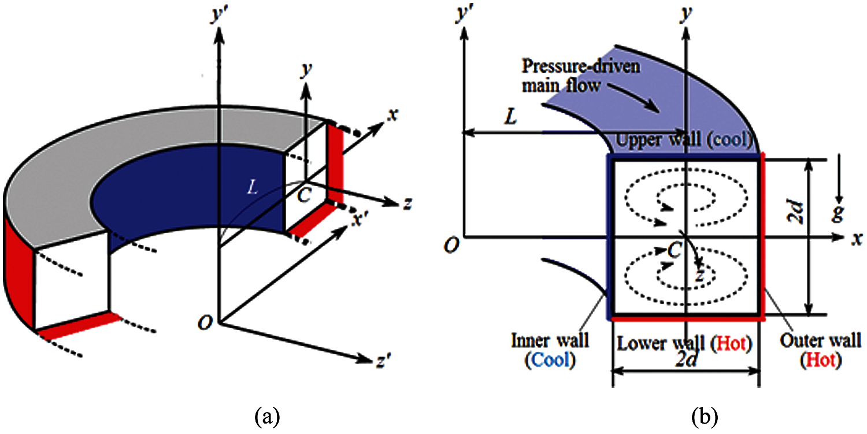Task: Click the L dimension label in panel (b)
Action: (511, 118)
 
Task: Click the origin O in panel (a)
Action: (203, 324)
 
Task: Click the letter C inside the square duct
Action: (673, 250)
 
